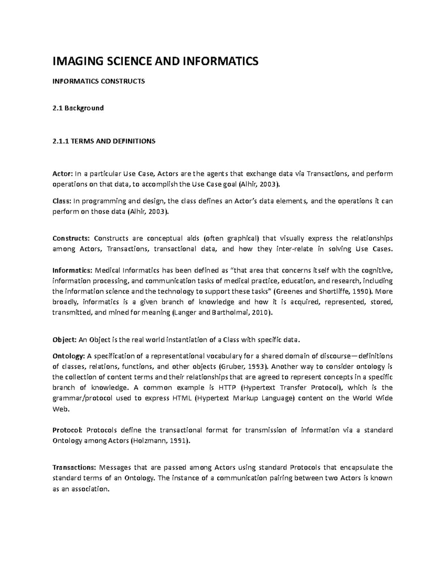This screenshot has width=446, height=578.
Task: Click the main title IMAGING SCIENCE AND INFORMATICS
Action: click(155, 61)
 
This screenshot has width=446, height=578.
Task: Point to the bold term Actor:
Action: click(62, 173)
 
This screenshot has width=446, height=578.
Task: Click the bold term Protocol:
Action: click(67, 430)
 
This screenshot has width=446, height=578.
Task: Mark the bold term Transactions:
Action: click(74, 467)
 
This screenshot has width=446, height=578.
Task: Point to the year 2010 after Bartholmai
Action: click(259, 313)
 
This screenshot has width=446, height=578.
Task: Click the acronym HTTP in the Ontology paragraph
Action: click(226, 387)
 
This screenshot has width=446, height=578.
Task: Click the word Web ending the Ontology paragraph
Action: click(60, 409)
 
